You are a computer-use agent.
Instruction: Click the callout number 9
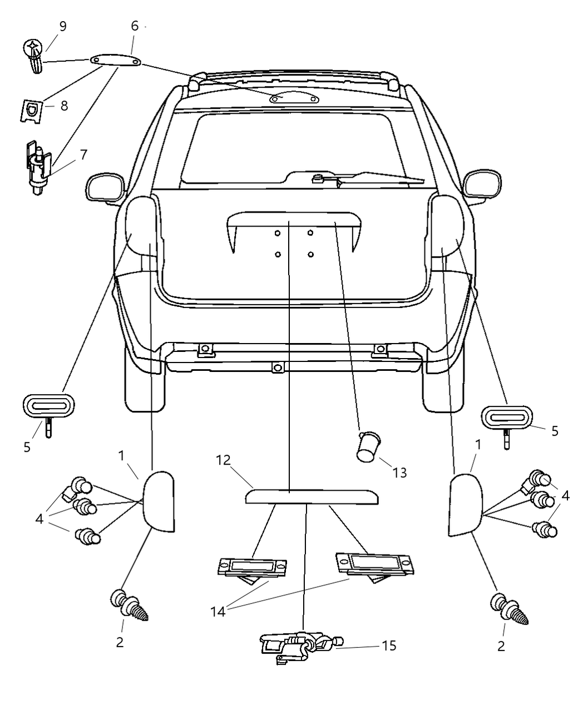coord(62,27)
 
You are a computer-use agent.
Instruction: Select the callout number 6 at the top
coord(135,26)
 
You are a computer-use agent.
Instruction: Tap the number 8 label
coord(64,106)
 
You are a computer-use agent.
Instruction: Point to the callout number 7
coord(83,155)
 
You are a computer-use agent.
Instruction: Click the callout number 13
coord(399,473)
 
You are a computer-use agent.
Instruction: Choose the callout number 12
coord(223,460)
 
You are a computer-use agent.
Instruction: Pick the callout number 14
coord(218,611)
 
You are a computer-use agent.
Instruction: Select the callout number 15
coord(389,645)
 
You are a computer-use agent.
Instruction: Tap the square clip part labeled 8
coord(32,110)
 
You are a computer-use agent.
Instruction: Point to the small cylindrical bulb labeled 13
coord(367,447)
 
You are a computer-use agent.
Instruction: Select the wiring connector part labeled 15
coord(300,648)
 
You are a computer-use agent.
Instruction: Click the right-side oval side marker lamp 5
coord(506,417)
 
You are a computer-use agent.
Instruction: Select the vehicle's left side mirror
coord(104,187)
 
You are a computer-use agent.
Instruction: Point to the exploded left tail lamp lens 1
coord(160,500)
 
